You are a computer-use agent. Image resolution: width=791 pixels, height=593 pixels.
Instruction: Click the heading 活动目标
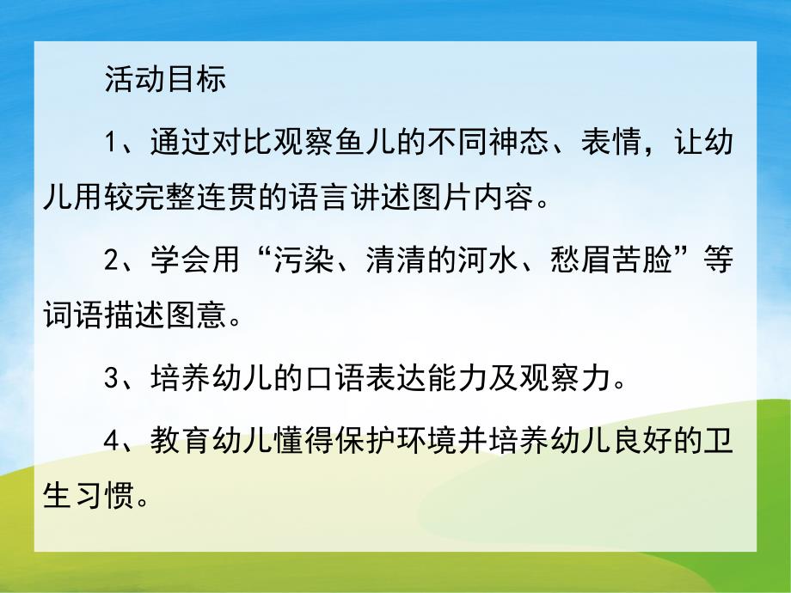[165, 80]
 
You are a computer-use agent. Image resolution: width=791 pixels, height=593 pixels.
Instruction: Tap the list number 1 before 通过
[112, 142]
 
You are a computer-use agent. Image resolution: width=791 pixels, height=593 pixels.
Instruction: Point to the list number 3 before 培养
[112, 379]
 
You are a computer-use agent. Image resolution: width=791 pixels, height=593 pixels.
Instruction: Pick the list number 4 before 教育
[112, 440]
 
